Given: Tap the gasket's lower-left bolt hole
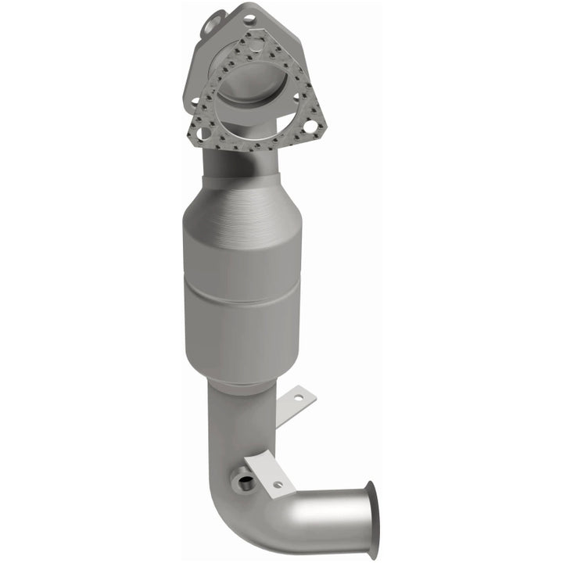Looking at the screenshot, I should pos(205,133).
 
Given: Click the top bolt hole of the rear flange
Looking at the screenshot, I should pos(248,16).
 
